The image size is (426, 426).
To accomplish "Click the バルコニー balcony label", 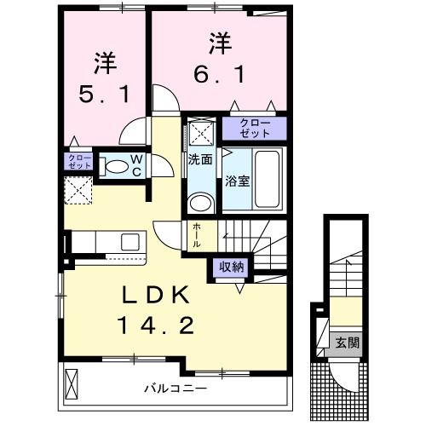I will pos(174,389).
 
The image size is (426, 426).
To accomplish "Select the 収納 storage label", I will pos(233,266).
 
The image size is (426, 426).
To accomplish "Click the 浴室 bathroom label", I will pos(236,181).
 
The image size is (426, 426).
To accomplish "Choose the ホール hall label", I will pos(197,233).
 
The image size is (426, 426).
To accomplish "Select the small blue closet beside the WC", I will pos(76,161).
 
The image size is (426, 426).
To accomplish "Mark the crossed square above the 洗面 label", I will pos(202,131).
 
